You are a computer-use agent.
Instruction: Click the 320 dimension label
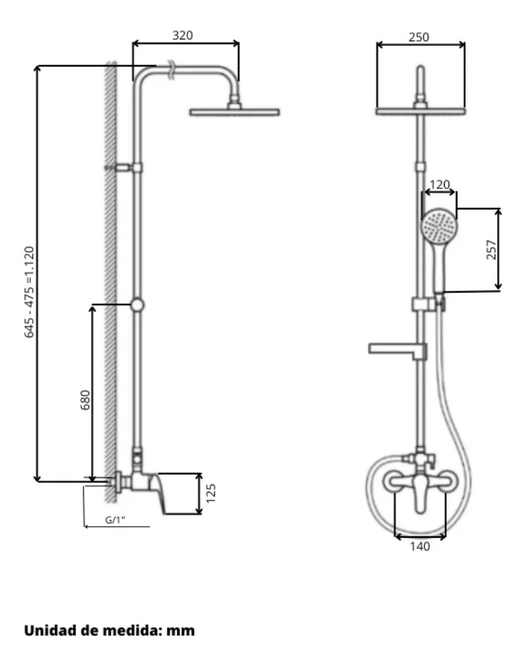pos(182,35)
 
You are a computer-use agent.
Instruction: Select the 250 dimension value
pos(419,37)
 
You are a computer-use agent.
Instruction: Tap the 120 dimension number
pos(439,184)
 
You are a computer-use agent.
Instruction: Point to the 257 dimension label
pos(491,250)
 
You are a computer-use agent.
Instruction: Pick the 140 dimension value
pos(420,546)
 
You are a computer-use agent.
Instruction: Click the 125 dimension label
pos(211,493)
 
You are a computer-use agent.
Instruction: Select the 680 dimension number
pos(85,400)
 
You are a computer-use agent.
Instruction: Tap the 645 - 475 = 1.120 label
pos(29,292)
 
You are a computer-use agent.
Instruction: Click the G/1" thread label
pos(115,519)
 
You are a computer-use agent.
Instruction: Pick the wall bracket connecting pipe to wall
pos(123,168)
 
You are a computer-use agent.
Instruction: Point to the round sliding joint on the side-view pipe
pos(137,305)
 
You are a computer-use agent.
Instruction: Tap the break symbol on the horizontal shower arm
pos(171,70)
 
